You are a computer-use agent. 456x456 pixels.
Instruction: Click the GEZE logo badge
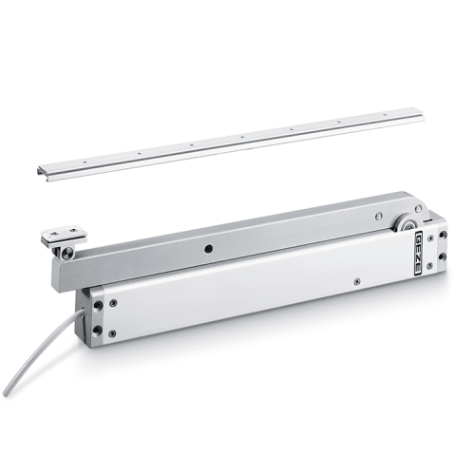click(418, 253)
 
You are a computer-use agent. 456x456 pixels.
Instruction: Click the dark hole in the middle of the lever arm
click(208, 249)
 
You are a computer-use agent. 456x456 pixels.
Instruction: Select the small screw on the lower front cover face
click(357, 280)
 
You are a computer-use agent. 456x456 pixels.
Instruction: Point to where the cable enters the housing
click(83, 313)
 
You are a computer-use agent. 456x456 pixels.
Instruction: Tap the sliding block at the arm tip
click(64, 236)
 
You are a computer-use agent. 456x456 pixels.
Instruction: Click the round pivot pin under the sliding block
click(67, 253)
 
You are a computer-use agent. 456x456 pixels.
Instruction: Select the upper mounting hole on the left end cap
click(98, 306)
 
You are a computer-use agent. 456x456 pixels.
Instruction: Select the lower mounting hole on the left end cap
click(97, 330)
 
